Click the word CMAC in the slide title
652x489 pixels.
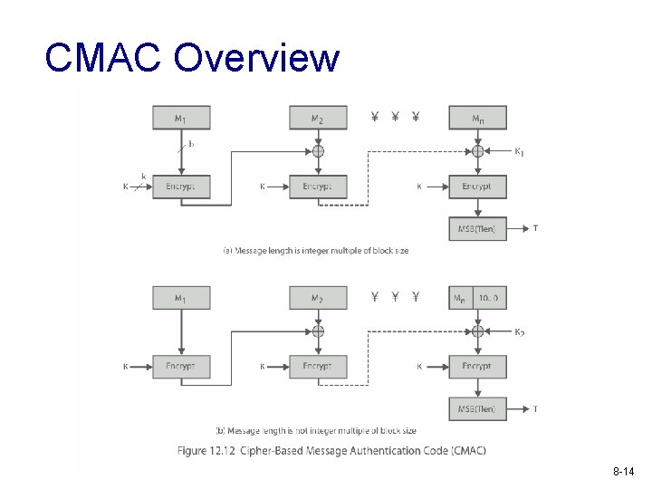point(102,58)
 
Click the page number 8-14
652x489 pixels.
point(625,473)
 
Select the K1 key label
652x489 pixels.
point(519,152)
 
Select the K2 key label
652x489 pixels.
point(519,333)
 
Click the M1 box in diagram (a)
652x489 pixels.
point(181,118)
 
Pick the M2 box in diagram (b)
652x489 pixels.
point(318,298)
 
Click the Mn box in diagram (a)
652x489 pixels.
point(477,118)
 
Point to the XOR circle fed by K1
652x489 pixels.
point(477,151)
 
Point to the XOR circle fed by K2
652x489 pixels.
point(477,332)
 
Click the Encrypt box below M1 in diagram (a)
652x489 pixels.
point(181,187)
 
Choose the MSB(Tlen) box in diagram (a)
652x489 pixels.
point(477,228)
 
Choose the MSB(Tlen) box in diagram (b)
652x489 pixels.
point(477,409)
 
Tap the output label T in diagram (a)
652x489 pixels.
point(535,228)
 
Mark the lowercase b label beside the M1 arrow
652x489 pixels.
point(191,143)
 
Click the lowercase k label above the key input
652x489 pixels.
point(142,175)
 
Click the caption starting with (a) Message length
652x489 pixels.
point(315,251)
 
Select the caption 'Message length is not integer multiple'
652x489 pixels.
point(316,430)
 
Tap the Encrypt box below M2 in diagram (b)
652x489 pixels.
point(318,367)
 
